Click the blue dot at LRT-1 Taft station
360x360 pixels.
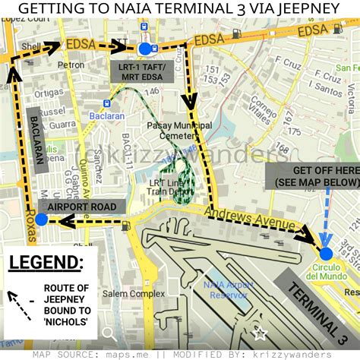click(x=144, y=50)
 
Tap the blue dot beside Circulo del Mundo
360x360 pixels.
click(x=326, y=254)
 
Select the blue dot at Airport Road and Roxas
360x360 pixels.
click(x=41, y=219)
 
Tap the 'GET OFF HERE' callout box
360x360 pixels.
click(x=314, y=176)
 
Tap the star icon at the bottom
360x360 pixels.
click(x=261, y=333)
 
